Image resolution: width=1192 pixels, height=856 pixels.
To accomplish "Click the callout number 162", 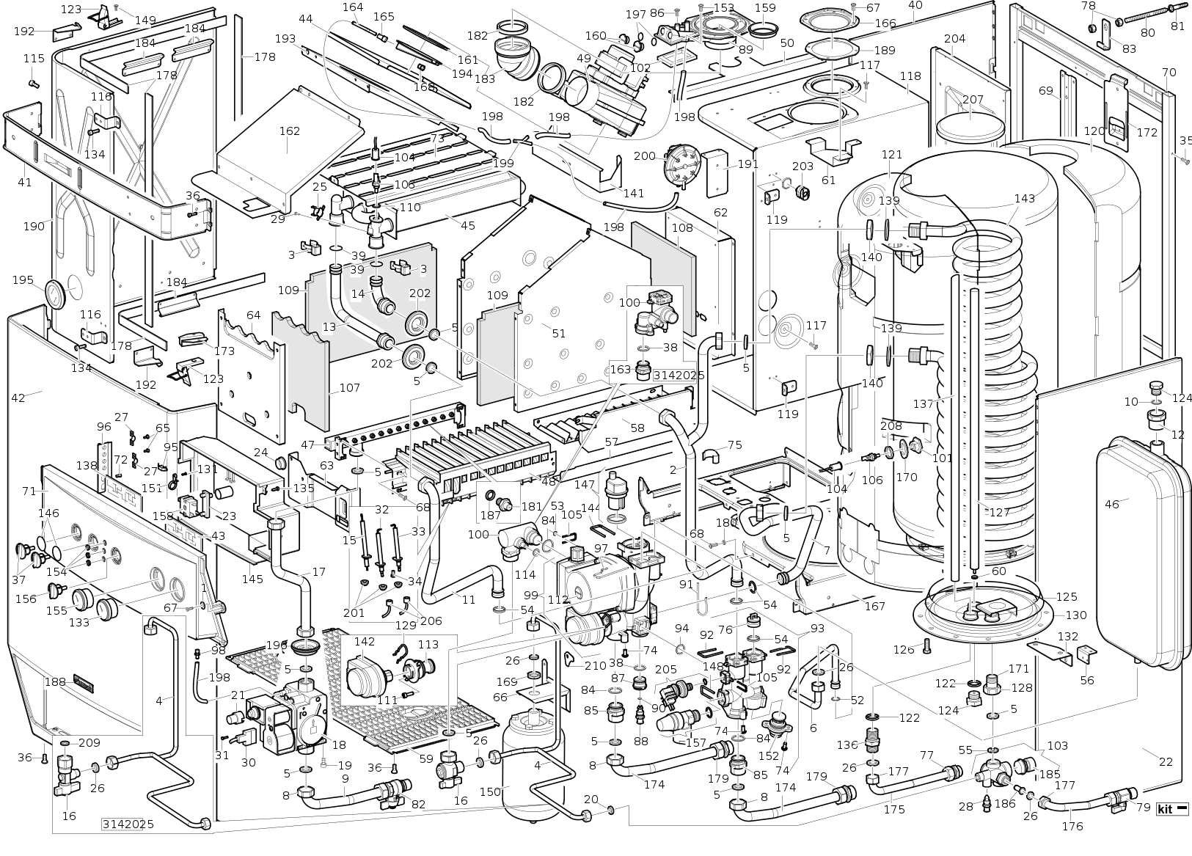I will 290,131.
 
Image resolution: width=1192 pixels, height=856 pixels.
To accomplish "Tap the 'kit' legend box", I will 1172,810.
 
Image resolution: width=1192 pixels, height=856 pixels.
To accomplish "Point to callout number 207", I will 973,100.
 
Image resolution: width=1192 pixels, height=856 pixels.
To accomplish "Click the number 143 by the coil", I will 1025,199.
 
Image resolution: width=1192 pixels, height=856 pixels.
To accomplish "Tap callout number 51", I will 559,333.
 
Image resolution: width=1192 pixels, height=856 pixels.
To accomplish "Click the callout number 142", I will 365,641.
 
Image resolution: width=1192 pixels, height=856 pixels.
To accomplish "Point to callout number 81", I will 1177,27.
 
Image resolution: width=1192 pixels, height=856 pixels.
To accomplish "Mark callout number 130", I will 1076,615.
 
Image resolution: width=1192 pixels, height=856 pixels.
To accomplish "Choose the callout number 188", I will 55,681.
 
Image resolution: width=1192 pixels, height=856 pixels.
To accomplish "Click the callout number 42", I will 18,398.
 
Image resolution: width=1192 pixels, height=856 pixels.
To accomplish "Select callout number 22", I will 1166,761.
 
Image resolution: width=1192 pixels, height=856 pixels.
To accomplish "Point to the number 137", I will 924,404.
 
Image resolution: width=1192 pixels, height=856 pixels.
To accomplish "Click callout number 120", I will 1094,131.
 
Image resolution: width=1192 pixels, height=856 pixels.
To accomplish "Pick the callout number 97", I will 602,549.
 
